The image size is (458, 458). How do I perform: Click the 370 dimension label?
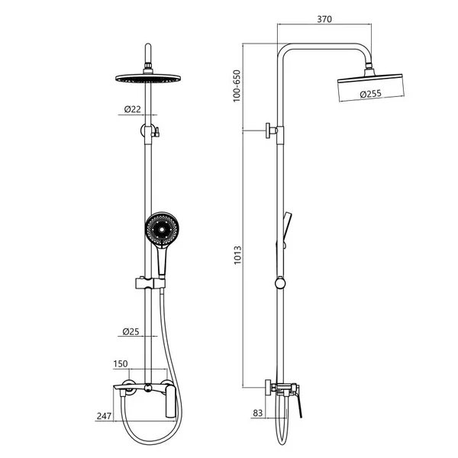[324, 19]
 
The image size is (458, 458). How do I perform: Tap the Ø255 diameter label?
[371, 94]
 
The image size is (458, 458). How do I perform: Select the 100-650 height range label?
[237, 85]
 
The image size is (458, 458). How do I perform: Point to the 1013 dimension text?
[237, 255]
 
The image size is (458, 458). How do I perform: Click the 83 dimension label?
[258, 413]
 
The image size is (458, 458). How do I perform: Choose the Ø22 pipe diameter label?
[133, 109]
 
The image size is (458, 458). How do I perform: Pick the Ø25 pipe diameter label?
[131, 331]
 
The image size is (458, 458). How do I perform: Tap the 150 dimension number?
[121, 363]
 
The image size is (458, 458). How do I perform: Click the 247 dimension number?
[104, 416]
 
